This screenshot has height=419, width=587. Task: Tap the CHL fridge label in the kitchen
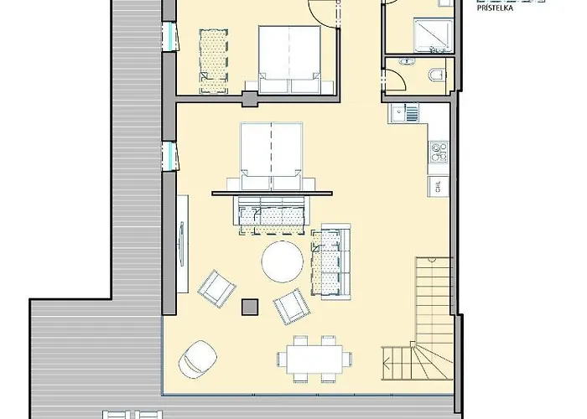tap(437, 187)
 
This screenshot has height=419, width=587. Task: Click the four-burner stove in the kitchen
tap(438, 152)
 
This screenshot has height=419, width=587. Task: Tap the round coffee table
tap(283, 261)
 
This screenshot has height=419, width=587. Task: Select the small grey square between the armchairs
tap(249, 306)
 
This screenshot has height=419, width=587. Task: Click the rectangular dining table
tap(314, 359)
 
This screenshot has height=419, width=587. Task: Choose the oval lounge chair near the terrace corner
tap(195, 358)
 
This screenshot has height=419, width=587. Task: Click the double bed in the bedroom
tap(289, 59)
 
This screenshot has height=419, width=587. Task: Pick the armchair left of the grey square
tap(217, 287)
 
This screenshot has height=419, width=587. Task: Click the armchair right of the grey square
tap(290, 305)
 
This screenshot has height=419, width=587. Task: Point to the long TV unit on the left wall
tap(181, 243)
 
